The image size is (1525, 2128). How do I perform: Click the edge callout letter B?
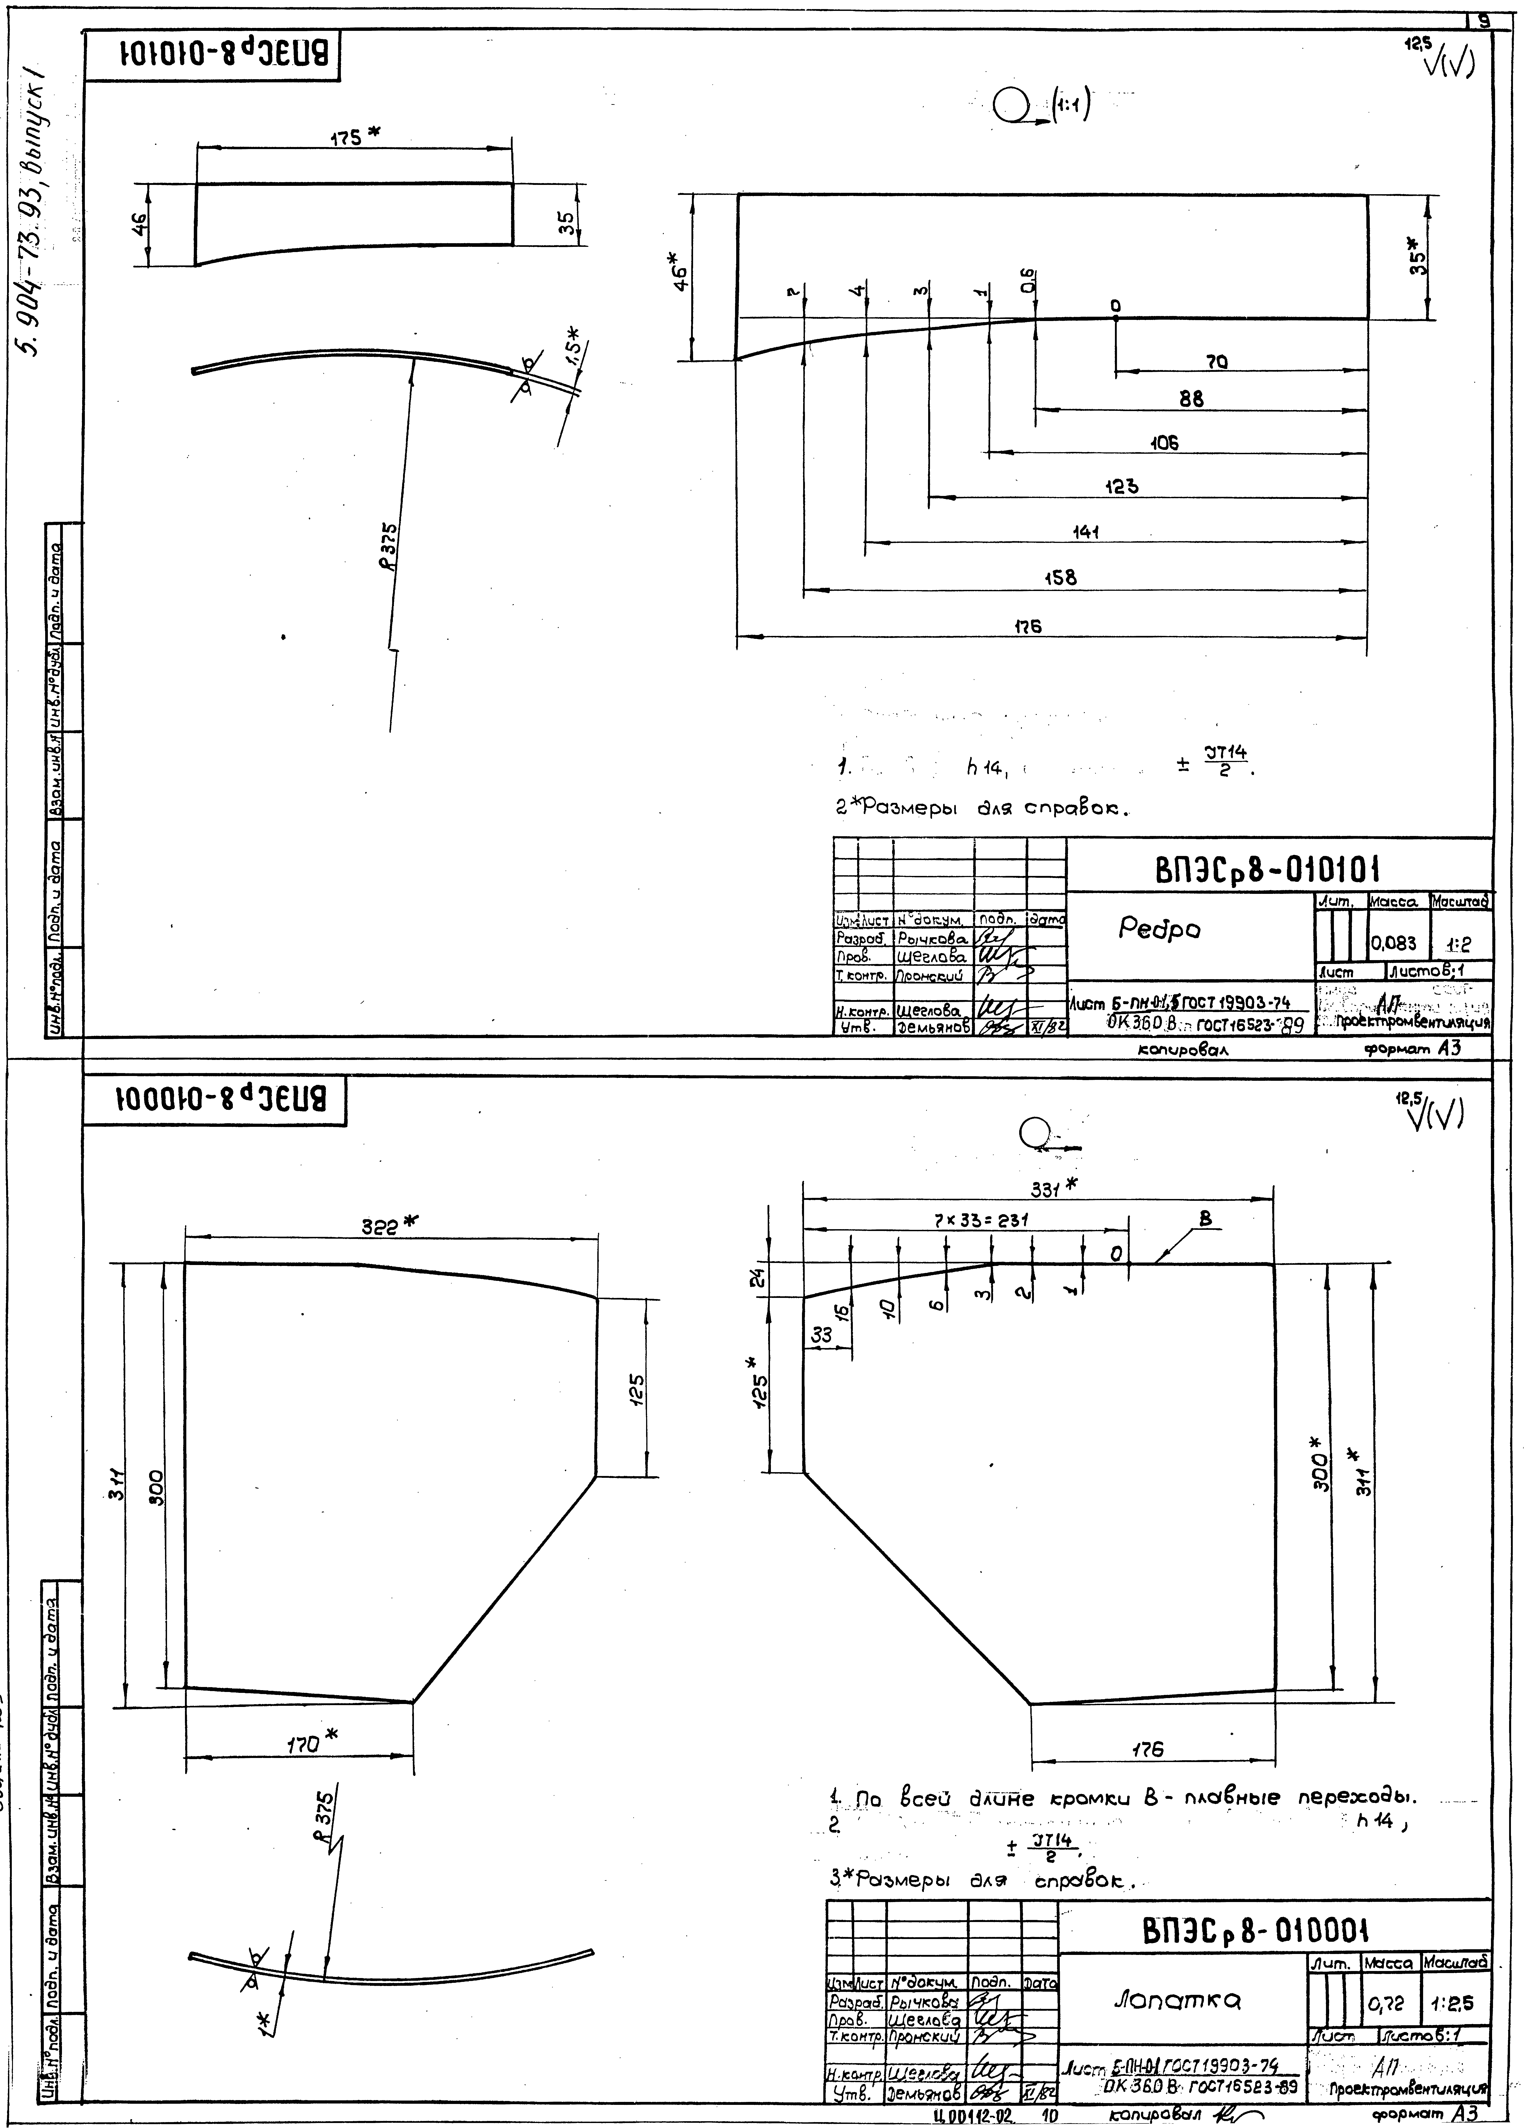coord(1205,1219)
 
